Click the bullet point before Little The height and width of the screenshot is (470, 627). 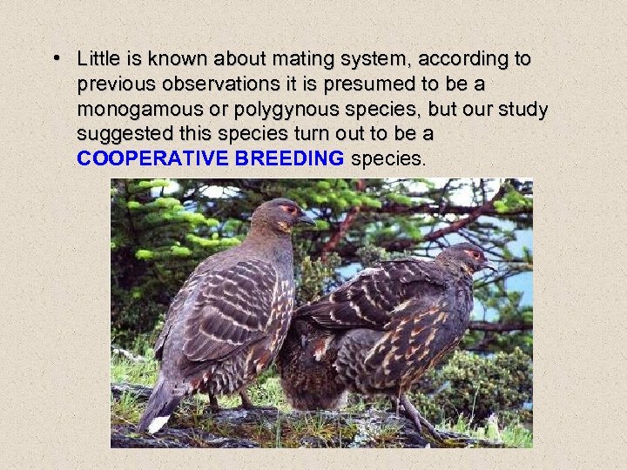tap(56, 59)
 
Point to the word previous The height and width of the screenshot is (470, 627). tap(116, 85)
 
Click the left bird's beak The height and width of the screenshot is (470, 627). tap(307, 221)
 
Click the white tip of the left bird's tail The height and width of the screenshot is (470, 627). tap(158, 425)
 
